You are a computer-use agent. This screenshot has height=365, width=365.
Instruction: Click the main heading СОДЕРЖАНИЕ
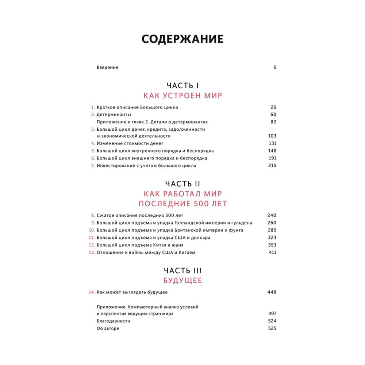[182, 39]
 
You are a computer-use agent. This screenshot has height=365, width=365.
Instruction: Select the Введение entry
[107, 68]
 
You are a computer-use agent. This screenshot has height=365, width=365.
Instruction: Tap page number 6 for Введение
[275, 68]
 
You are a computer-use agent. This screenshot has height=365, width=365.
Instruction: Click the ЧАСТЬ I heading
[182, 85]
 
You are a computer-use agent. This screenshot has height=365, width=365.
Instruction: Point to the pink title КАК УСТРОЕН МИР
[182, 96]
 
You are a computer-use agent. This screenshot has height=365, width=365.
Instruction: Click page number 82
[273, 122]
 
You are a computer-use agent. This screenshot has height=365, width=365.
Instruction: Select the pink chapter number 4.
[93, 143]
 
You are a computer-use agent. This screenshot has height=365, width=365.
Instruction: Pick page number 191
[272, 158]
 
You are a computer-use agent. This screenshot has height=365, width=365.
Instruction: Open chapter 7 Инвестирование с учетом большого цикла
[146, 165]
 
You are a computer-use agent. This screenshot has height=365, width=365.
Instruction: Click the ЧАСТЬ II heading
[182, 183]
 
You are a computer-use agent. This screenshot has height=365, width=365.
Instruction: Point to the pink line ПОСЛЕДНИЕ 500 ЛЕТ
[182, 203]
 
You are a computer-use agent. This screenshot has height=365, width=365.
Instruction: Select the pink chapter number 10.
[92, 230]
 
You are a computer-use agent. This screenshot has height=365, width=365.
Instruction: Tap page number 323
[272, 238]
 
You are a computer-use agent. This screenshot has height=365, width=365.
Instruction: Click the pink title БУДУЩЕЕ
[182, 281]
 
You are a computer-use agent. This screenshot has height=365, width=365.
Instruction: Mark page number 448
[272, 292]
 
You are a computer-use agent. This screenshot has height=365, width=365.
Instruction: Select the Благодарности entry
[114, 321]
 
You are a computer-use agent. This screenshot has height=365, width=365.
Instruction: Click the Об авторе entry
[108, 328]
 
